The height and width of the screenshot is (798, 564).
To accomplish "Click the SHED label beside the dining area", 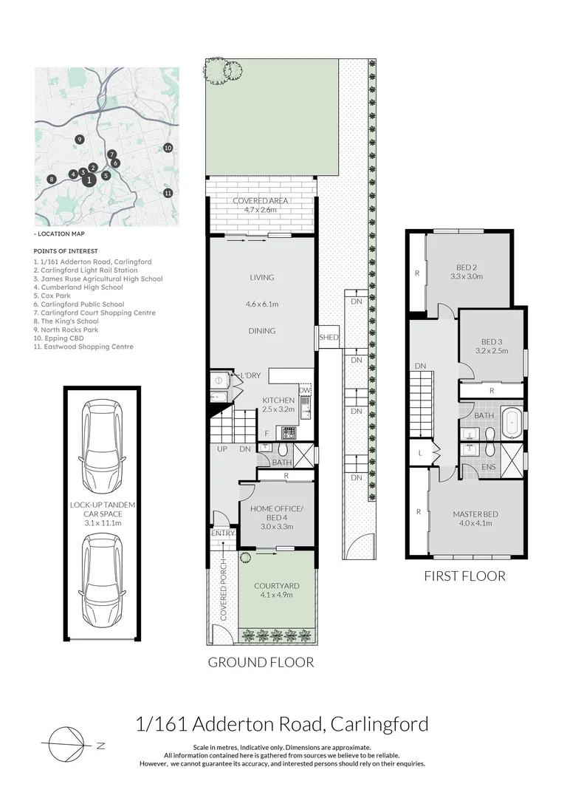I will (x=329, y=338).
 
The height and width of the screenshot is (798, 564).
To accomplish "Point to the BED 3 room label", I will (x=491, y=341).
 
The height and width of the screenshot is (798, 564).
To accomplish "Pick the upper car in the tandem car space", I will (x=100, y=440).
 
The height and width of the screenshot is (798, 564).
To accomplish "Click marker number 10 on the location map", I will (x=168, y=148).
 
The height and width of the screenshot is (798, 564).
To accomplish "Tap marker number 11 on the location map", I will (x=168, y=193).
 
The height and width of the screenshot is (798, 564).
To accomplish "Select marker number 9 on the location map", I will (x=79, y=139).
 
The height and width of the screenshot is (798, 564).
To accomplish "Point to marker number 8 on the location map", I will (x=51, y=179).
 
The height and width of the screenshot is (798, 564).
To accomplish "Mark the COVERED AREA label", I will (x=260, y=200).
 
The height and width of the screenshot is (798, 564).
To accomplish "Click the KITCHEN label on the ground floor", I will (x=278, y=400).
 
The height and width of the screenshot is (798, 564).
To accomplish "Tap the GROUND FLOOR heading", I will (x=260, y=662).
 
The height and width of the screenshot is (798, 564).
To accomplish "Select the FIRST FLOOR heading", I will (x=464, y=576).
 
